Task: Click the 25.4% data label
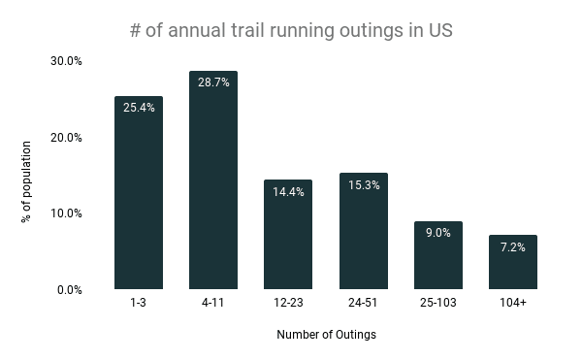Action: click(138, 108)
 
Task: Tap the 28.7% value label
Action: click(213, 82)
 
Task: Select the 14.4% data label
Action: click(288, 192)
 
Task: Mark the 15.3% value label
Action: click(364, 185)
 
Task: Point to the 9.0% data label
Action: click(438, 233)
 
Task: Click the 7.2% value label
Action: click(513, 246)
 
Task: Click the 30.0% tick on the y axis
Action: click(66, 61)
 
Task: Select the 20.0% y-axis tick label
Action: click(66, 137)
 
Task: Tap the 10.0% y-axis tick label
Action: click(66, 213)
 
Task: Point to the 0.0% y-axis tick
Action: click(69, 289)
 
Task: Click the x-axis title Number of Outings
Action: click(326, 336)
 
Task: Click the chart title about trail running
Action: click(291, 30)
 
